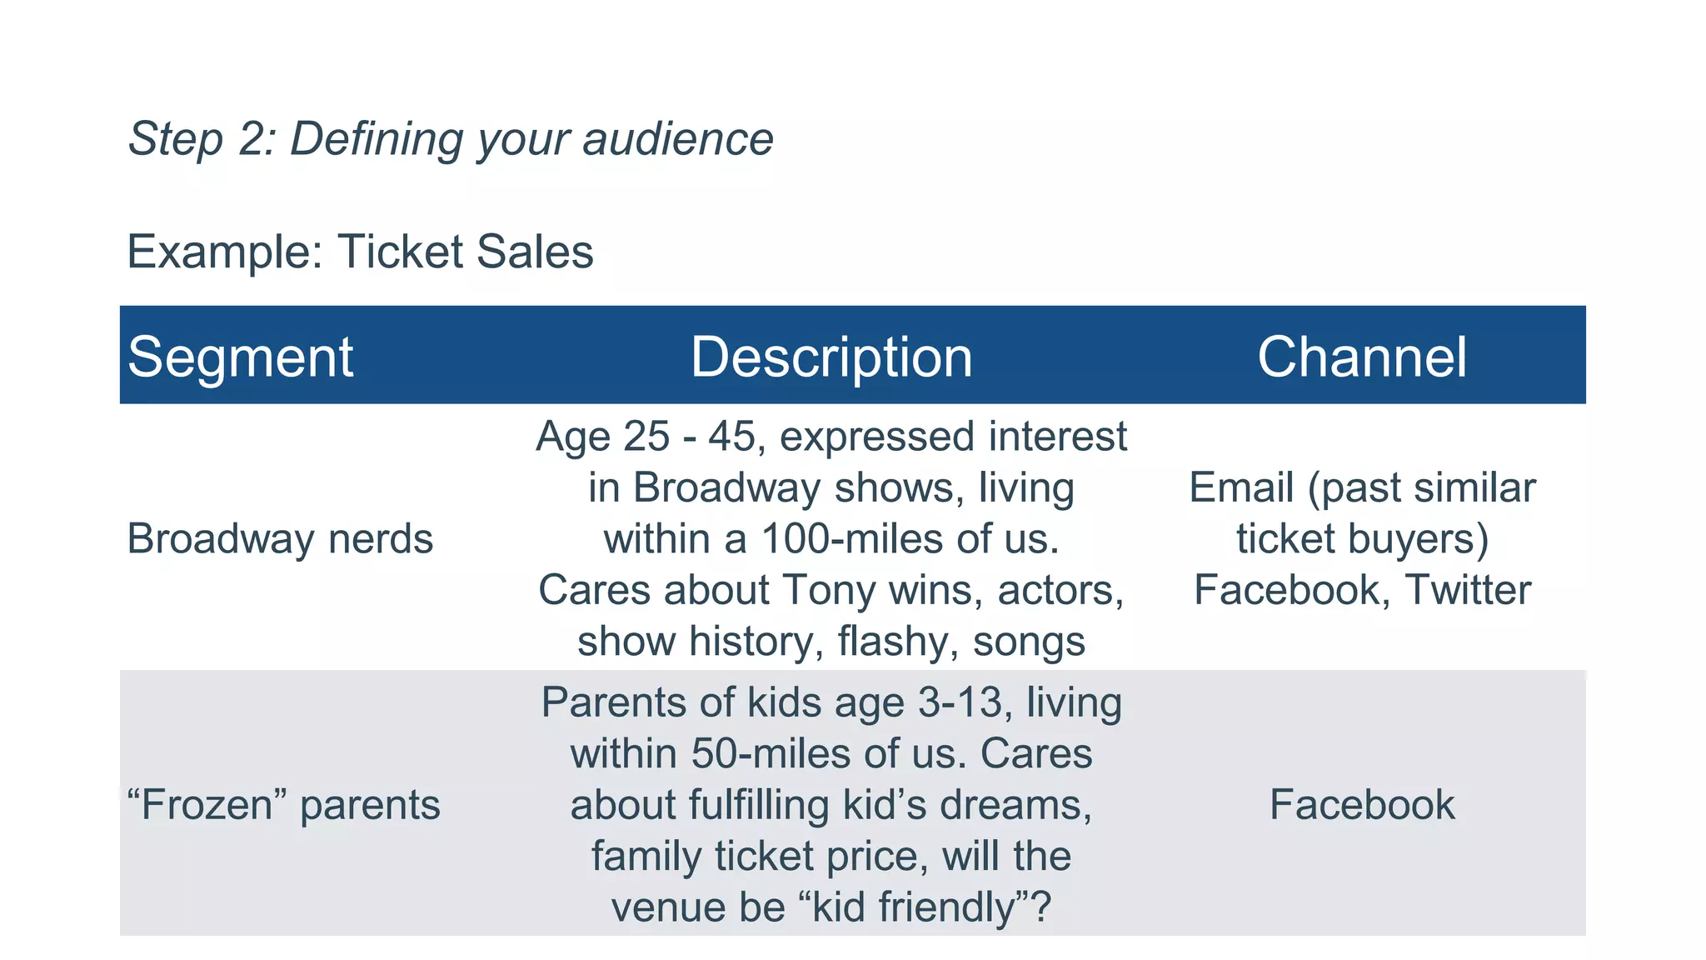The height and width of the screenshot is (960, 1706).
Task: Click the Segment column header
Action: tap(240, 357)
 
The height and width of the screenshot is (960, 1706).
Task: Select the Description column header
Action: tap(831, 357)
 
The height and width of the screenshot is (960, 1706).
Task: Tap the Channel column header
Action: tap(1361, 357)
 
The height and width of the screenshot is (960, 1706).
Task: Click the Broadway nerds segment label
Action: tap(280, 538)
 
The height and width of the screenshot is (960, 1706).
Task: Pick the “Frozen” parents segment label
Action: tap(283, 805)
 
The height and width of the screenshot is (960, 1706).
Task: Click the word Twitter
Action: tap(1468, 590)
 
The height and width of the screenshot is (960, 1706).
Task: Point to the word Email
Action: tap(1241, 487)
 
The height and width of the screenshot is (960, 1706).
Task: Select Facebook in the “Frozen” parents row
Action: tap(1362, 805)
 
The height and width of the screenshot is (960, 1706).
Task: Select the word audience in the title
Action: tap(677, 138)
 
